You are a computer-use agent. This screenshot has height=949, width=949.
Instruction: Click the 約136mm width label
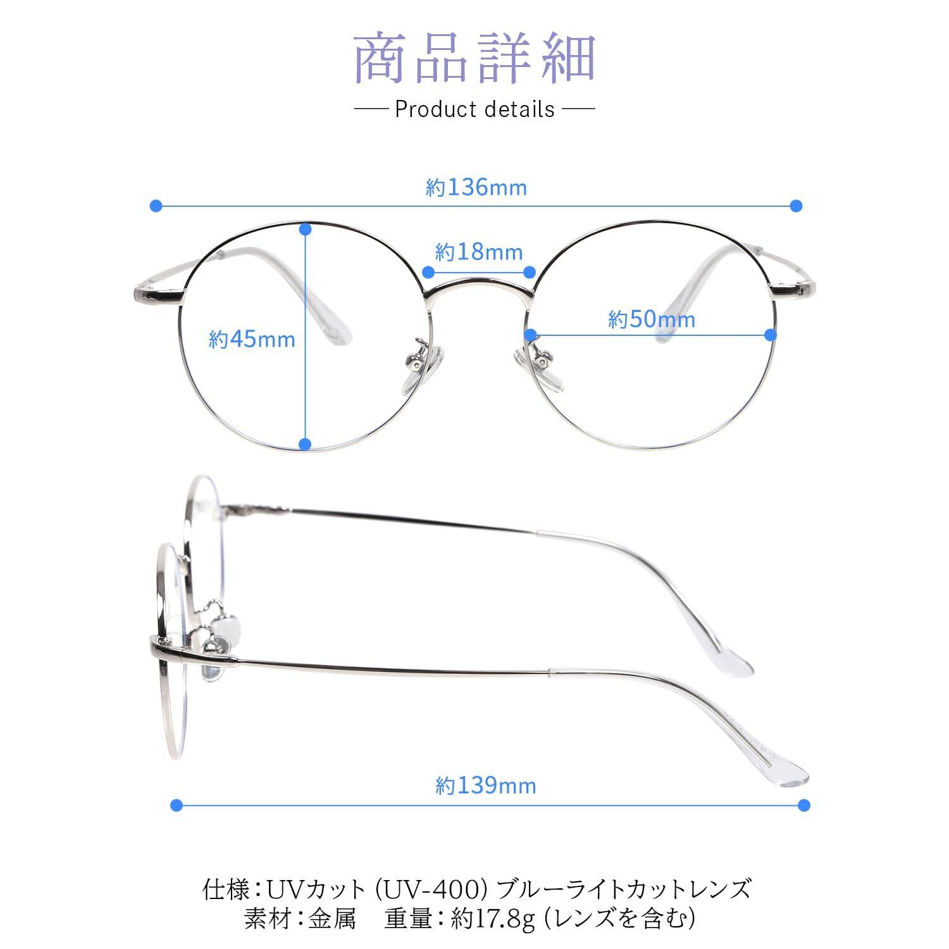point(476,188)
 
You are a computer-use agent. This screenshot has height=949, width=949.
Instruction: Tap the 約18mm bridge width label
point(479,252)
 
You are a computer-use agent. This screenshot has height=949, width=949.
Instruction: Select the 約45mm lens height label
point(252,340)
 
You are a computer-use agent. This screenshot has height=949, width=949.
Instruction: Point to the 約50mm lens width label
point(652,319)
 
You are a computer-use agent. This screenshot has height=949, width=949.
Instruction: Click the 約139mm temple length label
point(486,786)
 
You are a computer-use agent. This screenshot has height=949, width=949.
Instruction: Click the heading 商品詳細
point(475,60)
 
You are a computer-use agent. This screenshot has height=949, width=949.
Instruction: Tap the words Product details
point(475,109)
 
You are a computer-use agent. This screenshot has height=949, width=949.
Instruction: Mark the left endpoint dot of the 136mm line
point(156,206)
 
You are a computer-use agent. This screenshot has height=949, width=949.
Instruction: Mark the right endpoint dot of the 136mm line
point(797,206)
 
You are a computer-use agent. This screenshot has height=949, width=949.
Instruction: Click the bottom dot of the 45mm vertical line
point(306,444)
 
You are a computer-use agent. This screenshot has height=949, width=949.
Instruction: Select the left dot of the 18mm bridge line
point(428,272)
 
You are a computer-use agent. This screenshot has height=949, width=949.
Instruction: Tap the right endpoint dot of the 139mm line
point(803,805)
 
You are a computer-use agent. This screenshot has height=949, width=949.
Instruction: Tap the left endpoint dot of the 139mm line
point(177,805)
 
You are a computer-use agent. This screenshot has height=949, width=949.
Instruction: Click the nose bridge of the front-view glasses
point(478,288)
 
